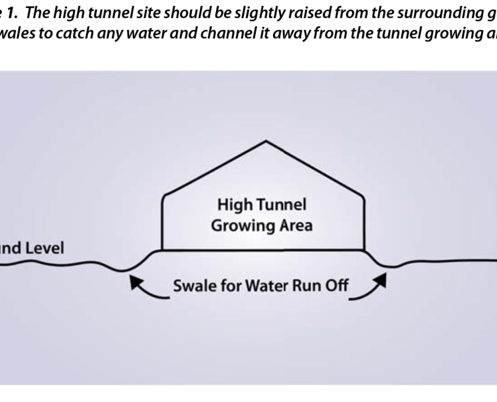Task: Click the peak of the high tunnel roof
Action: pos(266,141)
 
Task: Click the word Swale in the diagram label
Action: pos(192,287)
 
